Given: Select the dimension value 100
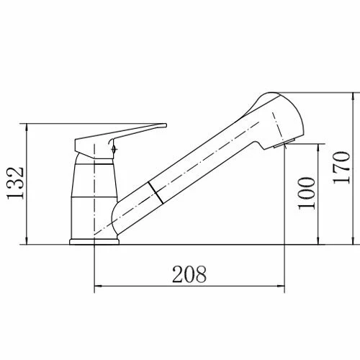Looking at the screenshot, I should tap(307, 192).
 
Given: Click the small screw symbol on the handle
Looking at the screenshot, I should tap(114, 148).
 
